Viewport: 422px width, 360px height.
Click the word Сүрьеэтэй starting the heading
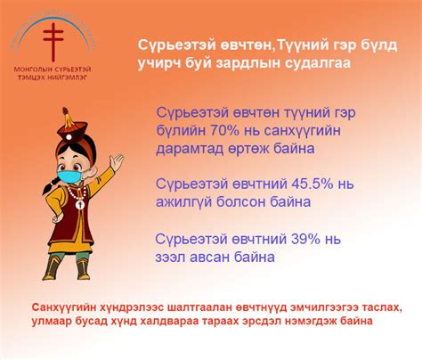point(175,45)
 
